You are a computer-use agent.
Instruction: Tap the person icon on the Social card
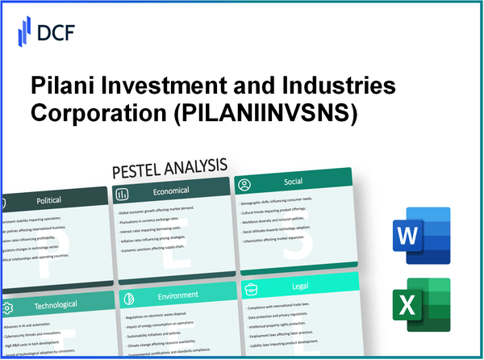(x=244, y=185)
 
